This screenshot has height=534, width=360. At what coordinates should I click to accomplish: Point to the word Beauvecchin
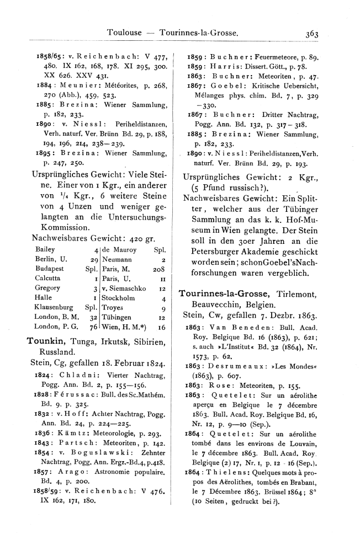click(x=218, y=305)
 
